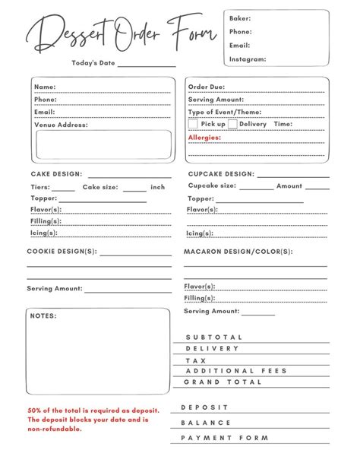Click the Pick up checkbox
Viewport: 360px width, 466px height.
pos(193,124)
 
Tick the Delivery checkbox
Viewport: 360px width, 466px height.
pos(232,124)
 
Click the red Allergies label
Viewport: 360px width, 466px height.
pos(204,138)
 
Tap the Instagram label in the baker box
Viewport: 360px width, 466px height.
pos(248,59)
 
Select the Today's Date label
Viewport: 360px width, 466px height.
pos(93,63)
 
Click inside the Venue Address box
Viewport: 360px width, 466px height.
pos(103,144)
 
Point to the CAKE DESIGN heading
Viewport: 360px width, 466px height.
pos(56,174)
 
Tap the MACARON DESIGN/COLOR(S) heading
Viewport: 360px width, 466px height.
pos(238,251)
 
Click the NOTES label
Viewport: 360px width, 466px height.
pos(43,315)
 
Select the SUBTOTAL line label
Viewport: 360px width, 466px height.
pos(213,337)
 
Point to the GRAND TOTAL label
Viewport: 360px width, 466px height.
pos(223,382)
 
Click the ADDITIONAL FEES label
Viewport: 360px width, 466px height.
pos(235,371)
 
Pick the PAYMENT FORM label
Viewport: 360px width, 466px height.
pos(225,438)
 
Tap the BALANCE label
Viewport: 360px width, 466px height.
pos(206,423)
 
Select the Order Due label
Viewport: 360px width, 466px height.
pos(207,87)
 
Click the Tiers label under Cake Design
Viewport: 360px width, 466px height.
pos(39,187)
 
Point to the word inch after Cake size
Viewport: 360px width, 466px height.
pos(158,187)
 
